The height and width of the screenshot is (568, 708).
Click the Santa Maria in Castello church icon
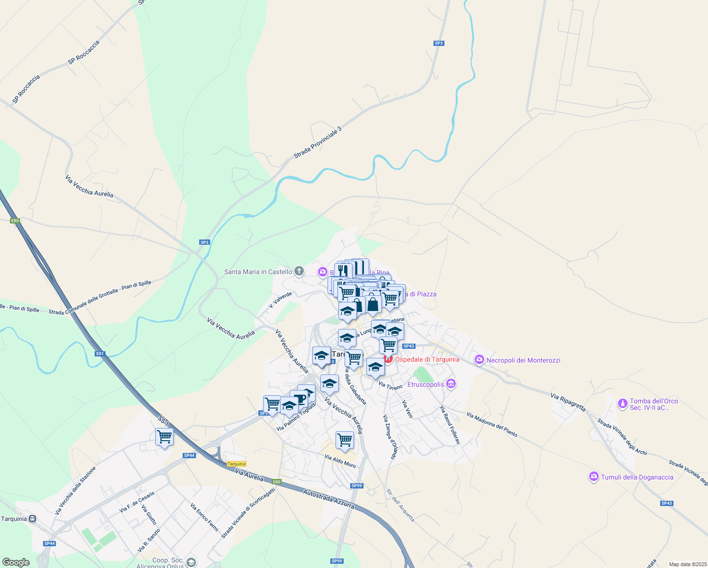click(x=299, y=271)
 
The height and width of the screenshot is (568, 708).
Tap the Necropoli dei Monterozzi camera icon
click(x=479, y=360)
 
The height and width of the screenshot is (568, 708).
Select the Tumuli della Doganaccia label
click(x=637, y=477)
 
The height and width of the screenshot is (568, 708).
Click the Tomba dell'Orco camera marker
click(x=623, y=404)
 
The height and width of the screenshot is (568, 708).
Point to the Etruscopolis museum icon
click(x=451, y=384)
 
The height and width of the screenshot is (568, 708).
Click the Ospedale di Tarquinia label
click(x=427, y=359)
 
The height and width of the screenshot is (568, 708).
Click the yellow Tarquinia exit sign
click(x=237, y=464)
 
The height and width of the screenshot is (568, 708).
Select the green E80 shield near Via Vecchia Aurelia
click(x=15, y=221)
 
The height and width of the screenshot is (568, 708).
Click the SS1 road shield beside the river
click(x=99, y=354)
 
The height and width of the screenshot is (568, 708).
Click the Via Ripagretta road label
click(x=568, y=401)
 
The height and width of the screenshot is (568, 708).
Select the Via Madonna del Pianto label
click(x=492, y=425)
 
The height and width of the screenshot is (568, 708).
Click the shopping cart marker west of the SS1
click(x=164, y=436)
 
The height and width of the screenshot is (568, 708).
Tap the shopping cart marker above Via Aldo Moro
click(x=345, y=440)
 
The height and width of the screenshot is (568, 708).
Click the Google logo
click(x=16, y=562)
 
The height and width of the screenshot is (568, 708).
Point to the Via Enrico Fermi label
click(x=204, y=517)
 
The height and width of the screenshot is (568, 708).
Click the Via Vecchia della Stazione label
click(x=75, y=490)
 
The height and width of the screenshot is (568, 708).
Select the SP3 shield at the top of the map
click(x=439, y=43)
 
